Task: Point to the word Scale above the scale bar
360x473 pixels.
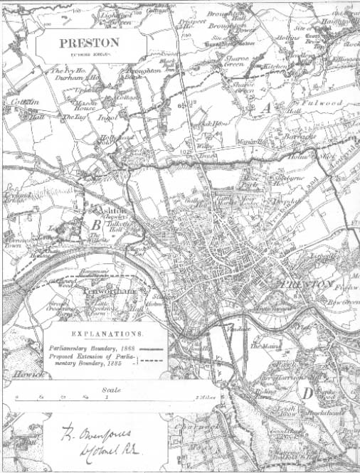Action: pos(110,390)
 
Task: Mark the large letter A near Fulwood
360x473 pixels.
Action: pos(267,108)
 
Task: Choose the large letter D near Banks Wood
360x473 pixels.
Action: pos(307,393)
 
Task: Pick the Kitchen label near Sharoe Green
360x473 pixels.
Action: pos(273,65)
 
